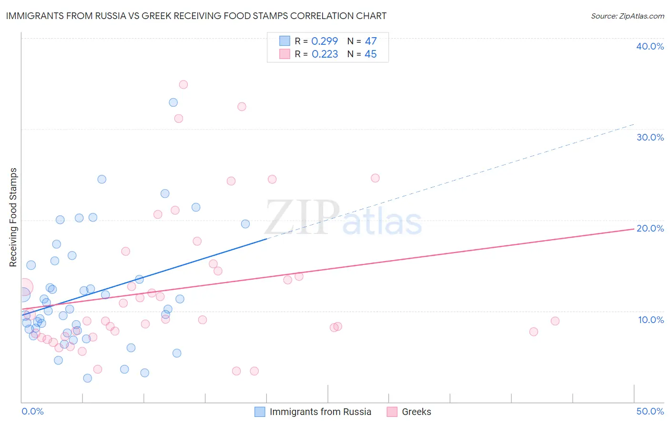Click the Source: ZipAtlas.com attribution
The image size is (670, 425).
[x=627, y=16]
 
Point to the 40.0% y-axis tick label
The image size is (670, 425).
[x=650, y=46]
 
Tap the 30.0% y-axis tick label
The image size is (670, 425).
[x=650, y=137]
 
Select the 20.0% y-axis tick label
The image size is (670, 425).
[x=650, y=228]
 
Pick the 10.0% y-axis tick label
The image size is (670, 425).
[x=650, y=320]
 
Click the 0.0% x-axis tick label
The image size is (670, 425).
[x=32, y=411]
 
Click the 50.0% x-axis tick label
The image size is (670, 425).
[x=650, y=411]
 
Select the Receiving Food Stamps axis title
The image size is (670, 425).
[x=13, y=217]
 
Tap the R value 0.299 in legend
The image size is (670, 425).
[x=325, y=41]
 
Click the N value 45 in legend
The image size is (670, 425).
[x=370, y=54]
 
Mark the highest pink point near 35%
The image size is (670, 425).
[x=183, y=85]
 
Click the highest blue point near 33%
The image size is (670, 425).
[x=173, y=102]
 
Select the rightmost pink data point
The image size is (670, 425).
[x=555, y=321]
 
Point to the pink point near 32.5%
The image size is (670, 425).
[x=242, y=107]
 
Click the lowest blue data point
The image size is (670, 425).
[x=88, y=378]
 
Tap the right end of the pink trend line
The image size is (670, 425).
[x=634, y=229]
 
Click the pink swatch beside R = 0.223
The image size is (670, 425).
[x=284, y=54]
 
